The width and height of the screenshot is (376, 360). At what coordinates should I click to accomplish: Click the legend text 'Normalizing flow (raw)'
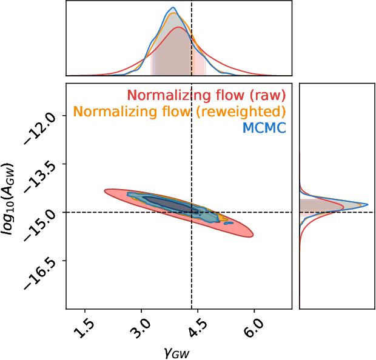[x=206, y=95]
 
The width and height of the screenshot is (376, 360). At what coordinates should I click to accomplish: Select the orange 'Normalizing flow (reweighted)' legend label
[x=179, y=112]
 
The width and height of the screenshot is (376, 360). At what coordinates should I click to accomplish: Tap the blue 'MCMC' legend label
[x=264, y=128]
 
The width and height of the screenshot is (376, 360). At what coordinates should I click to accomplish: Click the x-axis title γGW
[x=178, y=352]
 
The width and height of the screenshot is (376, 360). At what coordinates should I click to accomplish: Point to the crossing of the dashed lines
[x=192, y=212]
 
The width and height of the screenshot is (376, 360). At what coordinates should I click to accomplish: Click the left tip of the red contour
[x=105, y=191]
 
